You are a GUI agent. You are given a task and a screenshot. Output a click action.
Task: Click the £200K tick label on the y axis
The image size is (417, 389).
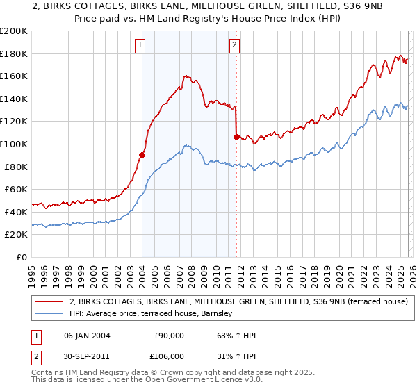(14, 31)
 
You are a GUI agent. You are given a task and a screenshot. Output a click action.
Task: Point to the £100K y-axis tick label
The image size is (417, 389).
(14, 144)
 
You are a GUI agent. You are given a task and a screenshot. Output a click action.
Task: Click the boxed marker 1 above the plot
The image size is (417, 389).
(140, 45)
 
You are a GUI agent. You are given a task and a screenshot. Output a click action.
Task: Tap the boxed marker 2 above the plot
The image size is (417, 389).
(235, 45)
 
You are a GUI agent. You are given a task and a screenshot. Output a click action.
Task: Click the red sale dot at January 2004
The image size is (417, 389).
(142, 156)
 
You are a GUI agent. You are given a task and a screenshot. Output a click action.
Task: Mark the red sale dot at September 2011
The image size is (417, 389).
(237, 138)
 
